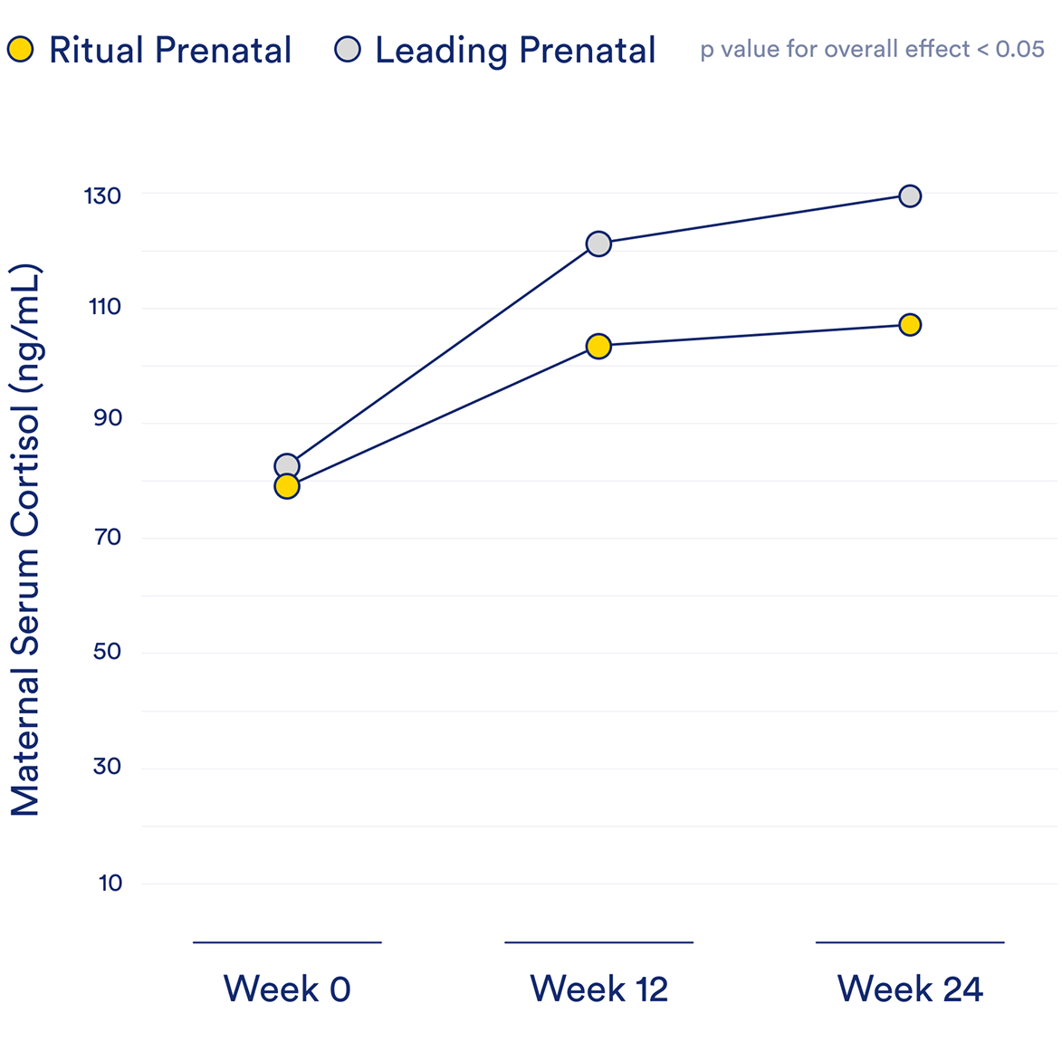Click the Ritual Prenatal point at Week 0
click(x=287, y=487)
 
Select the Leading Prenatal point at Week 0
click(x=287, y=466)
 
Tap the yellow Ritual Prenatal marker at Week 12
click(x=598, y=346)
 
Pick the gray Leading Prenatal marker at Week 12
click(x=598, y=244)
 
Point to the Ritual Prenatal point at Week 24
click(x=910, y=325)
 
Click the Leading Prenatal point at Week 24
click(x=910, y=196)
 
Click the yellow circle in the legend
click(x=21, y=50)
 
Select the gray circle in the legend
click(x=348, y=50)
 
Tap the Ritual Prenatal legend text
click(x=170, y=51)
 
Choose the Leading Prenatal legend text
click(x=515, y=51)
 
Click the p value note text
click(x=872, y=49)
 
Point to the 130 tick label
click(x=102, y=196)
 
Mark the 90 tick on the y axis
click(x=107, y=418)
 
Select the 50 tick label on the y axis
click(x=107, y=652)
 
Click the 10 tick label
click(x=110, y=884)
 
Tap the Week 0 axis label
click(x=287, y=989)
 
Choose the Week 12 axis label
click(x=598, y=989)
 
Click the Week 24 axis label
click(x=910, y=989)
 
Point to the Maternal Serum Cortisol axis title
click(x=26, y=540)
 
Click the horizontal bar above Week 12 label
click(x=598, y=942)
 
